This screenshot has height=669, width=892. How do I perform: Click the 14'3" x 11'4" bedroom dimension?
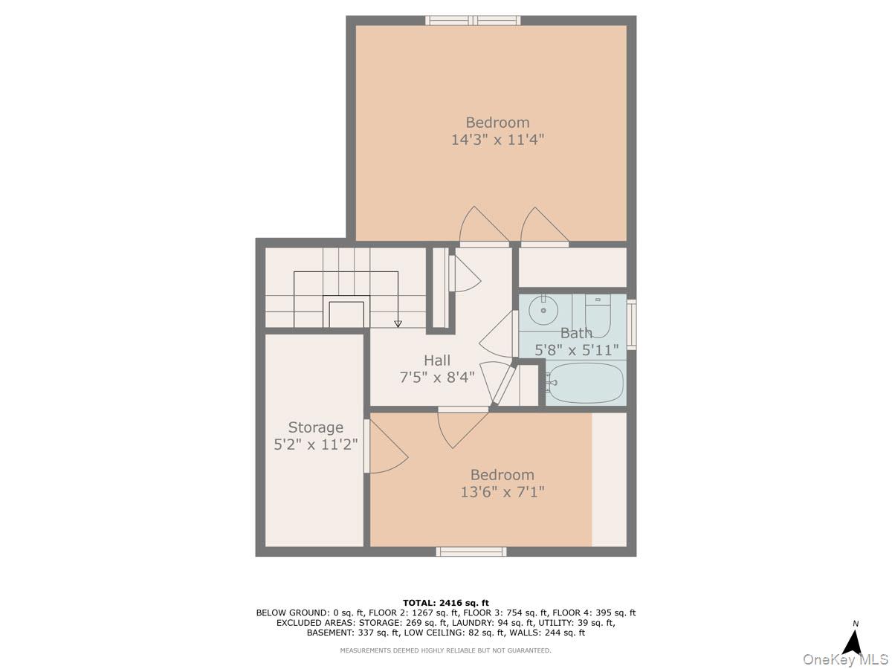point(497,140)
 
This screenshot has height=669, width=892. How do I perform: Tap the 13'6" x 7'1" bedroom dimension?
point(502,492)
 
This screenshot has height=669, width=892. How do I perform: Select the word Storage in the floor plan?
point(315,427)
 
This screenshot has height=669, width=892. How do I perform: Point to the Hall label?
point(437,360)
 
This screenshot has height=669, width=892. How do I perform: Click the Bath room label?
point(576,333)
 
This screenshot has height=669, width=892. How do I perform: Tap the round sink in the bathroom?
point(543,311)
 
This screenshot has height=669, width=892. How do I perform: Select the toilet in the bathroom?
point(598,316)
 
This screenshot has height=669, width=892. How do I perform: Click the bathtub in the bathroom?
point(584,383)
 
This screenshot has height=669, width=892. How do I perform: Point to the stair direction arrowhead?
point(398,324)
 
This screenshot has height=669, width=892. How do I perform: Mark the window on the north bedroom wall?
point(472,20)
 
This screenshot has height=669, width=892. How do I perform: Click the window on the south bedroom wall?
point(471,552)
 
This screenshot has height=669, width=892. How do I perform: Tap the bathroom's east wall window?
point(631,325)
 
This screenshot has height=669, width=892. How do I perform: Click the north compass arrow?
point(855,641)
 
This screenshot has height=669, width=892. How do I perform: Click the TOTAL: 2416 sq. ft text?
point(445,603)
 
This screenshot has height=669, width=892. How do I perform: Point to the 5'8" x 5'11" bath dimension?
point(576,349)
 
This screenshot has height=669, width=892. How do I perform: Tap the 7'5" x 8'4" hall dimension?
point(437,378)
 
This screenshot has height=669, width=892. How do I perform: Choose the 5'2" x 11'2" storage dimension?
point(315,445)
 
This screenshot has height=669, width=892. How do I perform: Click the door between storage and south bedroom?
point(366,446)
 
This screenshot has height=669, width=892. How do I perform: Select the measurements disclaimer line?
point(445,650)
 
